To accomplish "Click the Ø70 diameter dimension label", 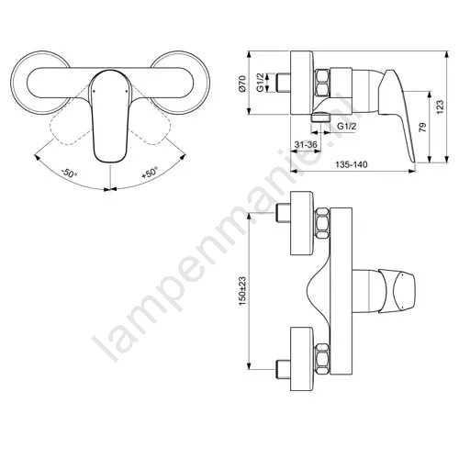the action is click(242, 84).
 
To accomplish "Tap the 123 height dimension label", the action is click(440, 106).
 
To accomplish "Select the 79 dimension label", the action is click(422, 127).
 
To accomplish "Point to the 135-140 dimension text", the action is click(351, 164).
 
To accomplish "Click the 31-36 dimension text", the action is click(306, 144).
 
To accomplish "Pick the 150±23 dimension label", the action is click(242, 292).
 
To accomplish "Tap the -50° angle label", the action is click(69, 174).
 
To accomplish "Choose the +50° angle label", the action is click(150, 173).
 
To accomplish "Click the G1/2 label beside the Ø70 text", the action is click(260, 83).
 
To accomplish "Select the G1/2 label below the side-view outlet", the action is click(347, 126).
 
